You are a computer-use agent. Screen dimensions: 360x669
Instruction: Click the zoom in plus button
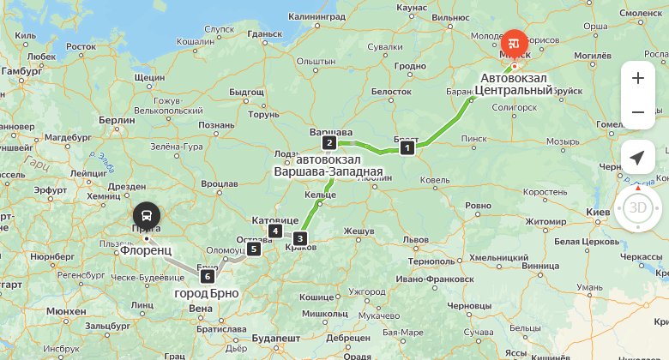point(637,78)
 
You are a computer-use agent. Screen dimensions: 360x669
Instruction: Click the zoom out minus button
point(637,112)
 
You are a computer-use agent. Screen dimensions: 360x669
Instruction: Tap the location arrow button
point(637,157)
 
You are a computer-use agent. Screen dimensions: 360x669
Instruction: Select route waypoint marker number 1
point(407,147)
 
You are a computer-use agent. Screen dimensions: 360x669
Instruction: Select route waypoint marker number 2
point(328,142)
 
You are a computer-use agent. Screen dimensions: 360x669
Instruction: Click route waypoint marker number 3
point(299,238)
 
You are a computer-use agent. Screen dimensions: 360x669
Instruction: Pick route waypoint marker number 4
point(274,231)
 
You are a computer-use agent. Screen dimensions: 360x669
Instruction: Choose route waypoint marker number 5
point(253,249)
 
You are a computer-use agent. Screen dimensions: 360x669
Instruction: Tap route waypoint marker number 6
point(207,276)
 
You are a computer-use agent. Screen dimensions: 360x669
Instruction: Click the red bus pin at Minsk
point(515,42)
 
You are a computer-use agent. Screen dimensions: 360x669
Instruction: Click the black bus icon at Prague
point(147,215)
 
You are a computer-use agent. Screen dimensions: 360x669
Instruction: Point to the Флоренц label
point(147,250)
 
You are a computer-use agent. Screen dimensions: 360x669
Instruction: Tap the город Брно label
point(207,293)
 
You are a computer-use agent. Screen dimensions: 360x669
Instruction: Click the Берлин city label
point(117,120)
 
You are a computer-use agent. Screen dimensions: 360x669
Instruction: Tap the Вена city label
point(200,308)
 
